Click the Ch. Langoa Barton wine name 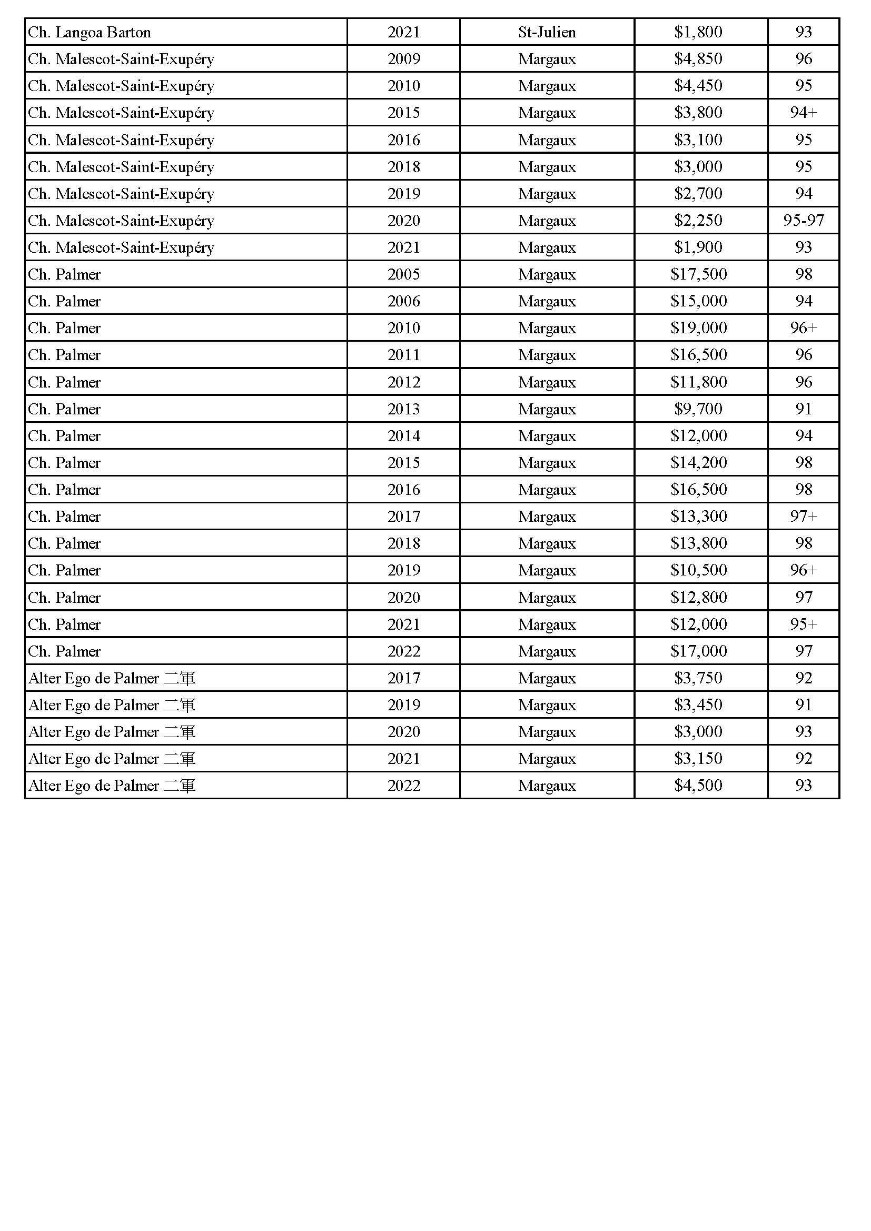[90, 32]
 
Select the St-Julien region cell [547, 32]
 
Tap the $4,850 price [698, 59]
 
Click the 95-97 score [803, 221]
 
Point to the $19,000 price [698, 327]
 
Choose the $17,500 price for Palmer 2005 [698, 274]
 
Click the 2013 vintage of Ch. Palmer [403, 409]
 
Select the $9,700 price [698, 409]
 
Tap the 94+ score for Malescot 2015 [803, 113]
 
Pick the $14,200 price [698, 463]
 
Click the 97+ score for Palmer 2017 [803, 517]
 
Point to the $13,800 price [698, 543]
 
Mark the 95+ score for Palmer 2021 [803, 624]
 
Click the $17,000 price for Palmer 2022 [698, 651]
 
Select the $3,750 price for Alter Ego [698, 678]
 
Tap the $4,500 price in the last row [698, 786]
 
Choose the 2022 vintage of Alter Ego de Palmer [403, 786]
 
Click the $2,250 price [698, 221]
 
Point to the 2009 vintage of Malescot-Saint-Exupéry [403, 59]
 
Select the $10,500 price [698, 570]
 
